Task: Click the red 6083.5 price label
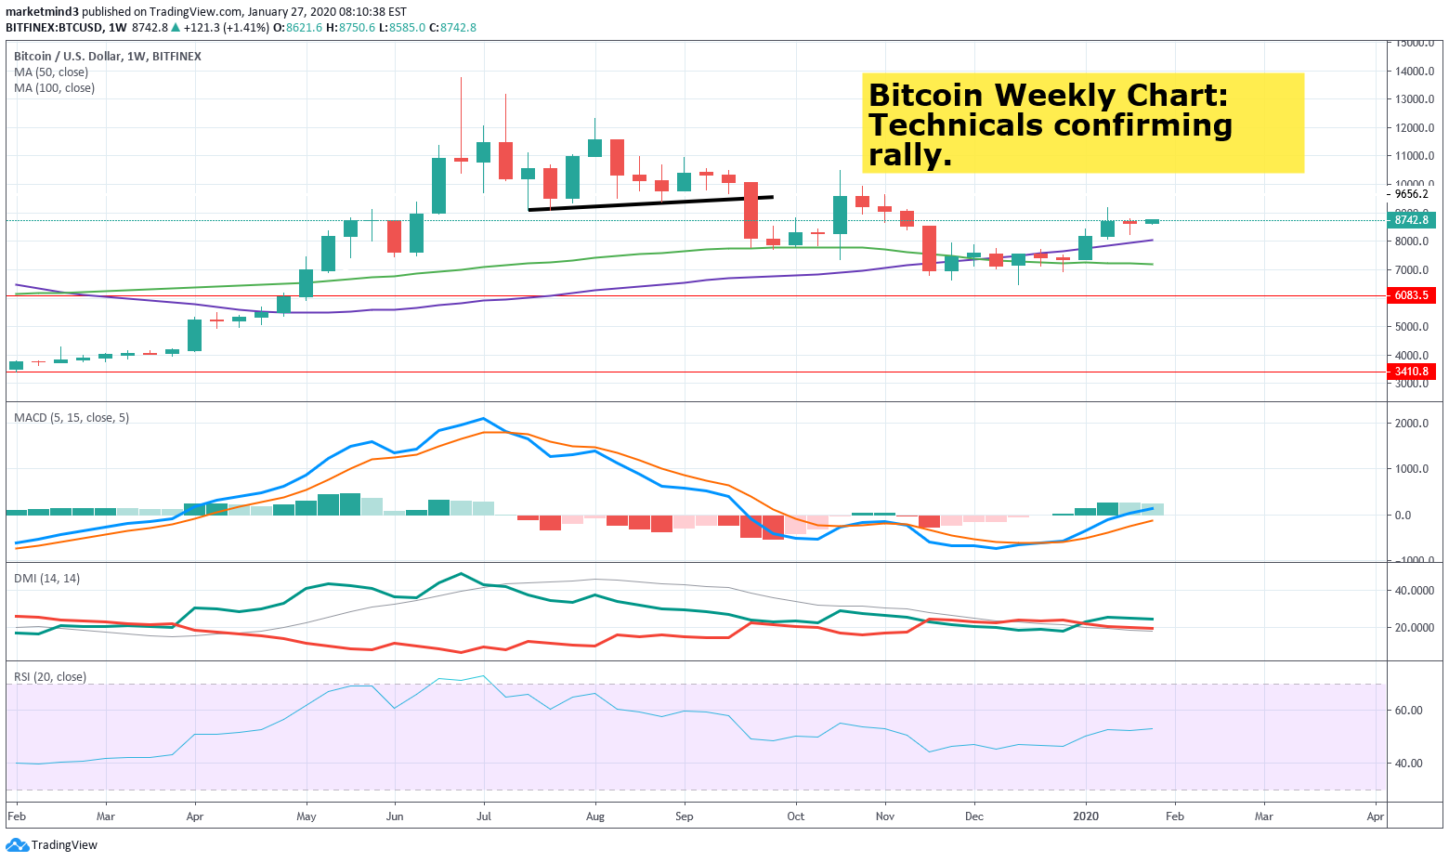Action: (1411, 295)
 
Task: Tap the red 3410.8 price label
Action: (1411, 372)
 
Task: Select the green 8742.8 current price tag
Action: (1411, 220)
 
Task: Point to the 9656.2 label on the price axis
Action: (1411, 194)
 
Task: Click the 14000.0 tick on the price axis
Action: (1415, 72)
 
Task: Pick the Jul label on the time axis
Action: (483, 816)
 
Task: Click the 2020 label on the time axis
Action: (1086, 816)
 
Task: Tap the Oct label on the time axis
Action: (795, 816)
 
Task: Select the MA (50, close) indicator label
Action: (51, 72)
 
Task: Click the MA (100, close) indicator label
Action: (54, 88)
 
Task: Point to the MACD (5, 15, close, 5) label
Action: (72, 418)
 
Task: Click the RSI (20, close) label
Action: (50, 677)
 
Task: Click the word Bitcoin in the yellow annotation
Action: (925, 96)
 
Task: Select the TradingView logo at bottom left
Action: (52, 845)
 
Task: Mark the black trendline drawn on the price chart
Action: (650, 203)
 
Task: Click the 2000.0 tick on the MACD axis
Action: (1412, 424)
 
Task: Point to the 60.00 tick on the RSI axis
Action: (1409, 711)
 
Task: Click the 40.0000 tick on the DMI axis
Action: (1415, 591)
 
